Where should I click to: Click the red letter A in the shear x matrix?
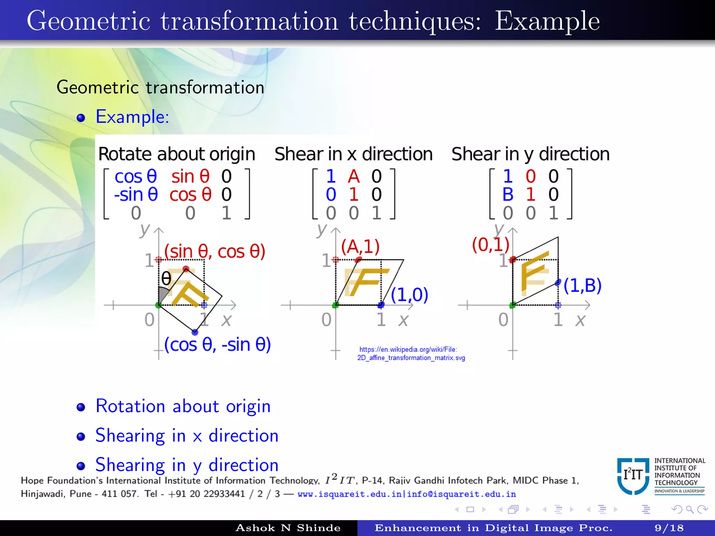click(x=354, y=176)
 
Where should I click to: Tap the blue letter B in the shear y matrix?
click(x=508, y=194)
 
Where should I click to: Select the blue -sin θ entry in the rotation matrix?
click(x=136, y=194)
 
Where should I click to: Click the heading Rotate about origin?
click(x=177, y=154)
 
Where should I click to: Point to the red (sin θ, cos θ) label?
click(x=215, y=251)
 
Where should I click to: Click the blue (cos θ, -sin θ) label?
click(x=218, y=345)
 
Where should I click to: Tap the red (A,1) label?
click(x=360, y=247)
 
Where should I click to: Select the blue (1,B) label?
click(x=582, y=285)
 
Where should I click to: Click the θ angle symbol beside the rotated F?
click(x=166, y=278)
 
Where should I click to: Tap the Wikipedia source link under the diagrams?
click(x=411, y=353)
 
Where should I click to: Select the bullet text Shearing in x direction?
click(x=187, y=436)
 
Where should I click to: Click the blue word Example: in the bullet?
click(x=132, y=117)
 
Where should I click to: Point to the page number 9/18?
click(x=669, y=528)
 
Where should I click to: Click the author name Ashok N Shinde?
click(x=288, y=528)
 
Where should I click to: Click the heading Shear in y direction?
click(x=530, y=154)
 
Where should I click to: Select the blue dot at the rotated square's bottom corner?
click(x=195, y=332)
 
